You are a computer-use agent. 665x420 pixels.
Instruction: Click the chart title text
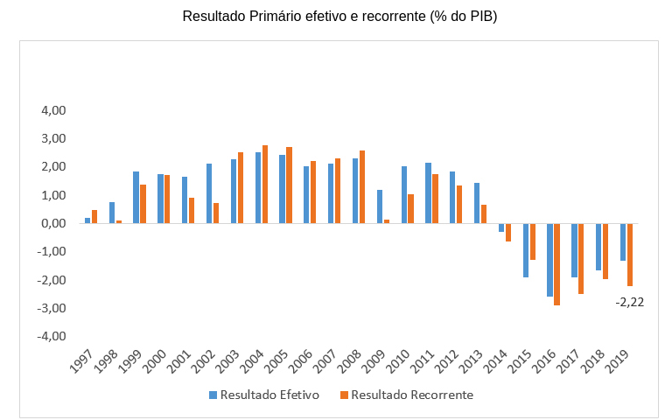point(339,17)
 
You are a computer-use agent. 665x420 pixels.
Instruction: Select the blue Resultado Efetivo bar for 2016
point(549,260)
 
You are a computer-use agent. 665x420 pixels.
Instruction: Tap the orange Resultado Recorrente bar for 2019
point(629,255)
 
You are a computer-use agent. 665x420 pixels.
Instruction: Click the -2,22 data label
point(630,302)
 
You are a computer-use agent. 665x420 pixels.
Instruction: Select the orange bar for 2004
point(265,184)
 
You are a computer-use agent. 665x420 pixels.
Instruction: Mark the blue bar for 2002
point(209,193)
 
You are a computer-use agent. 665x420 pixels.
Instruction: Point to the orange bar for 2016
point(556,264)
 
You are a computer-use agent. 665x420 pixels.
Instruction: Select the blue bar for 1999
point(136,197)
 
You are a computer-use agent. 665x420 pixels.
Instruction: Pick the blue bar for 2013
point(477,203)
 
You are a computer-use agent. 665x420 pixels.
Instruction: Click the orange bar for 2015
point(532,241)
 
